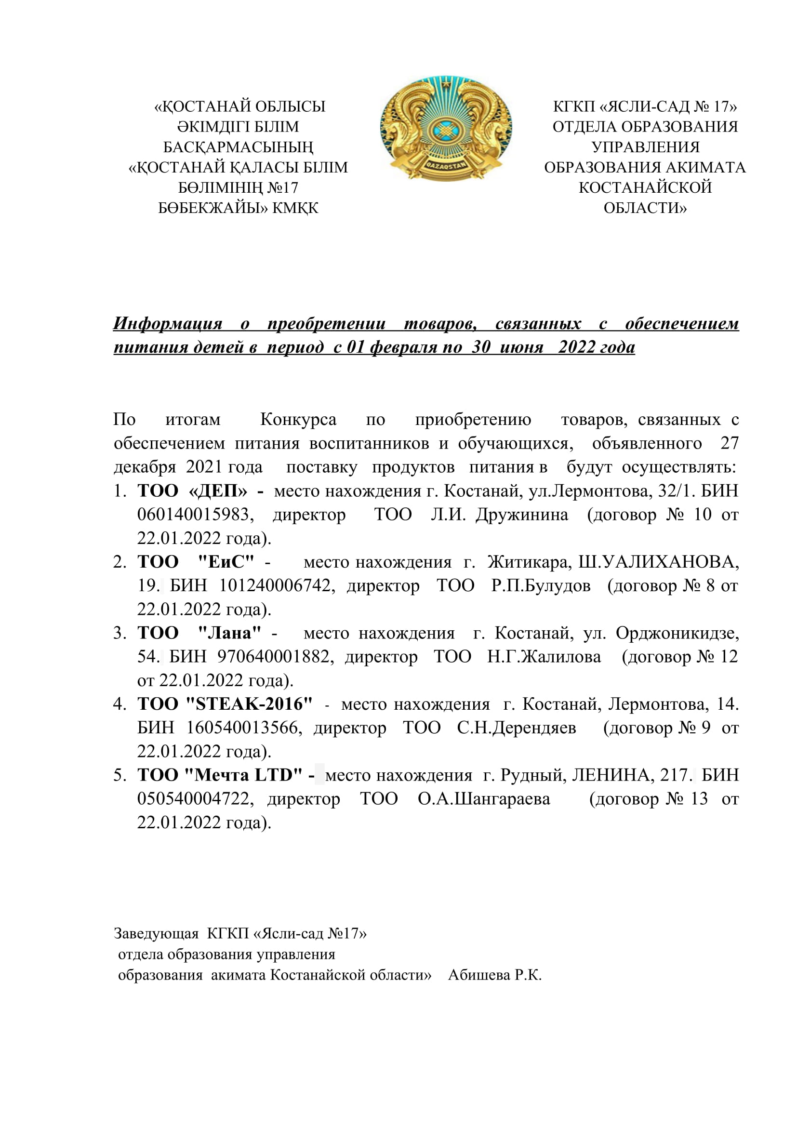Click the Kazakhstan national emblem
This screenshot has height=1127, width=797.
coord(446,129)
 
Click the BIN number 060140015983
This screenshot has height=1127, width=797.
coord(195,515)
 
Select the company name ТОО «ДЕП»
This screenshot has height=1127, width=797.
coord(192,491)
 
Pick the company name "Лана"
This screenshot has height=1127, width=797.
coord(229,633)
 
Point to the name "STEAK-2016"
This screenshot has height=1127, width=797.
coord(249,704)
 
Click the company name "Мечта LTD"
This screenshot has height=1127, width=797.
coord(243,775)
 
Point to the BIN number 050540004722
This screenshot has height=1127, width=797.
coord(195,798)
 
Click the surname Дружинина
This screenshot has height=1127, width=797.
coord(522,515)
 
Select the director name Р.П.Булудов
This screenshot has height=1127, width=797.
coord(541,585)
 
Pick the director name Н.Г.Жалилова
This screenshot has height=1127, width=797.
coord(544,657)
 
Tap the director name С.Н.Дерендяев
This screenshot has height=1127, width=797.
coord(516,728)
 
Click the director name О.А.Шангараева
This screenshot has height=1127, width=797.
coord(484,798)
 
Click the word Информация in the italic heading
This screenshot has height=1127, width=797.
coord(168,323)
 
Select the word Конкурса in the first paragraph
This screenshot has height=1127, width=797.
coord(298,420)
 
